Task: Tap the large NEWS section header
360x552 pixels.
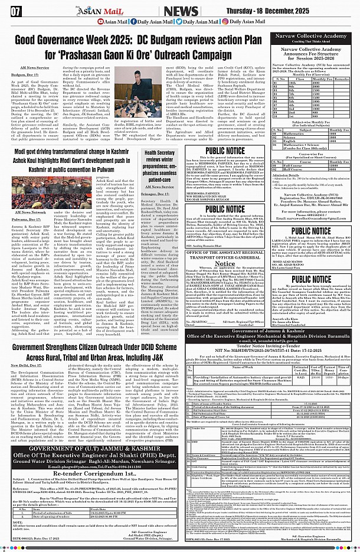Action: click(181, 12)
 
